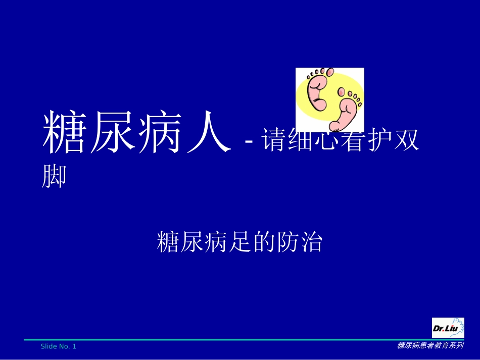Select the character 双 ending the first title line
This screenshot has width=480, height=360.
click(406, 140)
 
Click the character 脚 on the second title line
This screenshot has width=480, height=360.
click(54, 176)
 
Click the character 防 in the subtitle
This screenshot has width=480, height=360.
click(288, 242)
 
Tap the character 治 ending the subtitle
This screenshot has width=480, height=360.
click(311, 242)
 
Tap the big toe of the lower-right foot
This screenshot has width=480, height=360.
click(342, 92)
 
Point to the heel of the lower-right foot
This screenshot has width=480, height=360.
click(335, 125)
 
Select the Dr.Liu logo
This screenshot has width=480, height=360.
click(448, 328)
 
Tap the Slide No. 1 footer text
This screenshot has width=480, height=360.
click(59, 346)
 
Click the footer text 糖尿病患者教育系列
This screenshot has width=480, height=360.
click(430, 346)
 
